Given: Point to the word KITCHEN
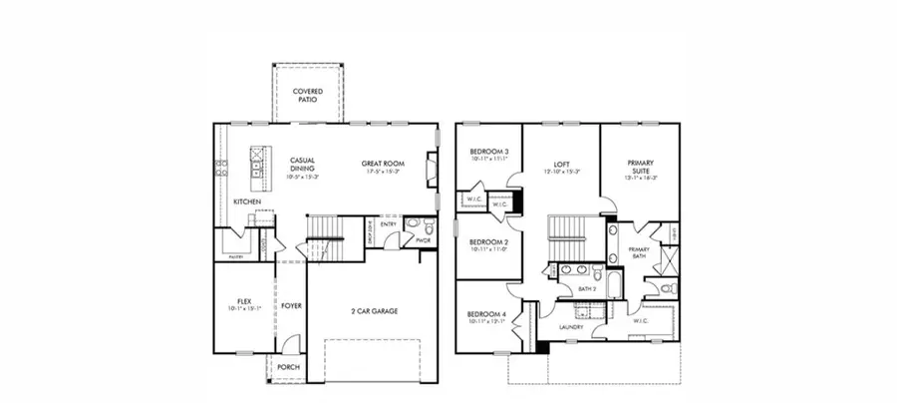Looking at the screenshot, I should [x=247, y=201].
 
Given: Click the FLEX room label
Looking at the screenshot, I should [x=243, y=300].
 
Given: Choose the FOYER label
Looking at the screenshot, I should [x=291, y=306].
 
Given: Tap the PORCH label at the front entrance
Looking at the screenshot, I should [x=288, y=366].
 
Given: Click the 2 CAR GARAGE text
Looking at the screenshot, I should [x=374, y=311].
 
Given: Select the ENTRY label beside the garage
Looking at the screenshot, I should [x=389, y=224].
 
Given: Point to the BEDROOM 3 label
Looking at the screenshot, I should [x=489, y=152].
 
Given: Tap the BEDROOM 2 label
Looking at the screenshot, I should [x=489, y=242].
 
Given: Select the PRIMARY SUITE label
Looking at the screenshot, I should [x=640, y=167].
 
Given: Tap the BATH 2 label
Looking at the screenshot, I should [x=587, y=289].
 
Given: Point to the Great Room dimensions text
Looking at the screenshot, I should [x=383, y=171].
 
